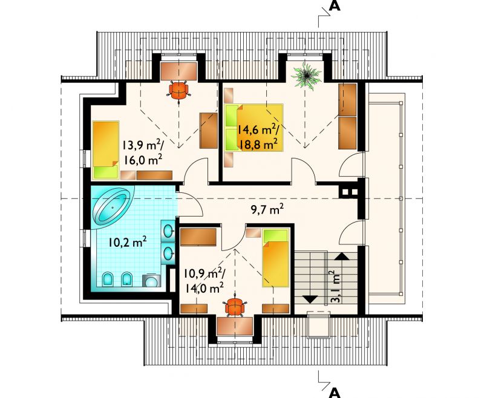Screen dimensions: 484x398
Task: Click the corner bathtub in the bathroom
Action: [112, 207]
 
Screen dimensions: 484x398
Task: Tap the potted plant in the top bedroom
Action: [307, 76]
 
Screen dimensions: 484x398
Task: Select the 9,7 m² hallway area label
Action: [267, 210]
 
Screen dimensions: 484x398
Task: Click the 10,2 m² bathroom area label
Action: [127, 242]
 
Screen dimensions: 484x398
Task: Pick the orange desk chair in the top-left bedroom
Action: [178, 90]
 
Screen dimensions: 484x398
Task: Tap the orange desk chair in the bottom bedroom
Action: [235, 307]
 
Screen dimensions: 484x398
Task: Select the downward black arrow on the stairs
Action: [310, 299]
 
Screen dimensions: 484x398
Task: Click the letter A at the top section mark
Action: [335, 6]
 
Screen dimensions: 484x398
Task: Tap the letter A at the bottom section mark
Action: [335, 393]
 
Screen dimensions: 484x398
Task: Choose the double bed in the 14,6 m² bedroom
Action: [253, 128]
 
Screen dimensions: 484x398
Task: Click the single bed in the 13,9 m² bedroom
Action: [106, 150]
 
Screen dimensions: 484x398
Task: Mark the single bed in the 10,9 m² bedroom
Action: [276, 258]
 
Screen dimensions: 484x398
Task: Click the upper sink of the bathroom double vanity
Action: [168, 231]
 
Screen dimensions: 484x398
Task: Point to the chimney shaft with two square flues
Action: [350, 192]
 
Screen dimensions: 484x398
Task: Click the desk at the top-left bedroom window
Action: [179, 71]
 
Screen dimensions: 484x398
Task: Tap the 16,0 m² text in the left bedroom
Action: [143, 160]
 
